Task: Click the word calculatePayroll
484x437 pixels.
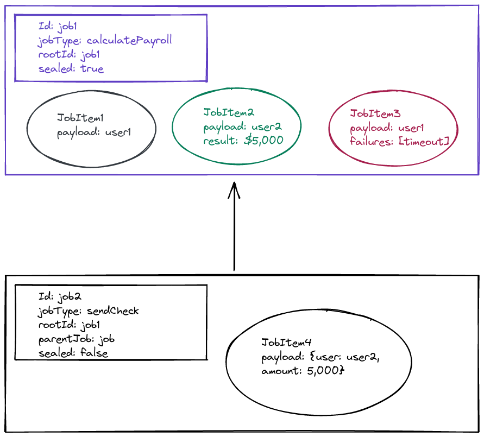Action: point(129,41)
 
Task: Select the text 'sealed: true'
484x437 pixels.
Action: point(71,68)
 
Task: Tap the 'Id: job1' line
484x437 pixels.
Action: point(58,27)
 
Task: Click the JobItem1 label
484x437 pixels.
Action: point(80,117)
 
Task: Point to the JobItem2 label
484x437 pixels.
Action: point(229,112)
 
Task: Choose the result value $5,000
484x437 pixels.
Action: point(263,140)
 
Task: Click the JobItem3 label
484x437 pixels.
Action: point(375,113)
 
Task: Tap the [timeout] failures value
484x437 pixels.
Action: point(424,142)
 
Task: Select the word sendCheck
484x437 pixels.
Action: point(112,311)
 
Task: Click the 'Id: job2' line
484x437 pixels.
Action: point(60,297)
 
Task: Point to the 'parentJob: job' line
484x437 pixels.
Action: point(76,339)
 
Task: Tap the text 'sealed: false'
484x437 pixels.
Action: point(73,353)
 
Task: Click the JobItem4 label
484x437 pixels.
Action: point(286,343)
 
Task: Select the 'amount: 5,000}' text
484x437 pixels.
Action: point(303,370)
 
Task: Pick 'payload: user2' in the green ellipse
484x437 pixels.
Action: point(242,127)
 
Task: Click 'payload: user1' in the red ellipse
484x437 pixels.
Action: point(387,128)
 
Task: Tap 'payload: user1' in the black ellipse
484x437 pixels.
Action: point(94,132)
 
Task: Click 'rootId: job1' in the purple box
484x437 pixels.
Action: point(69,55)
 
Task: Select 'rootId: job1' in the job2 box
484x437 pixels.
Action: point(69,325)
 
